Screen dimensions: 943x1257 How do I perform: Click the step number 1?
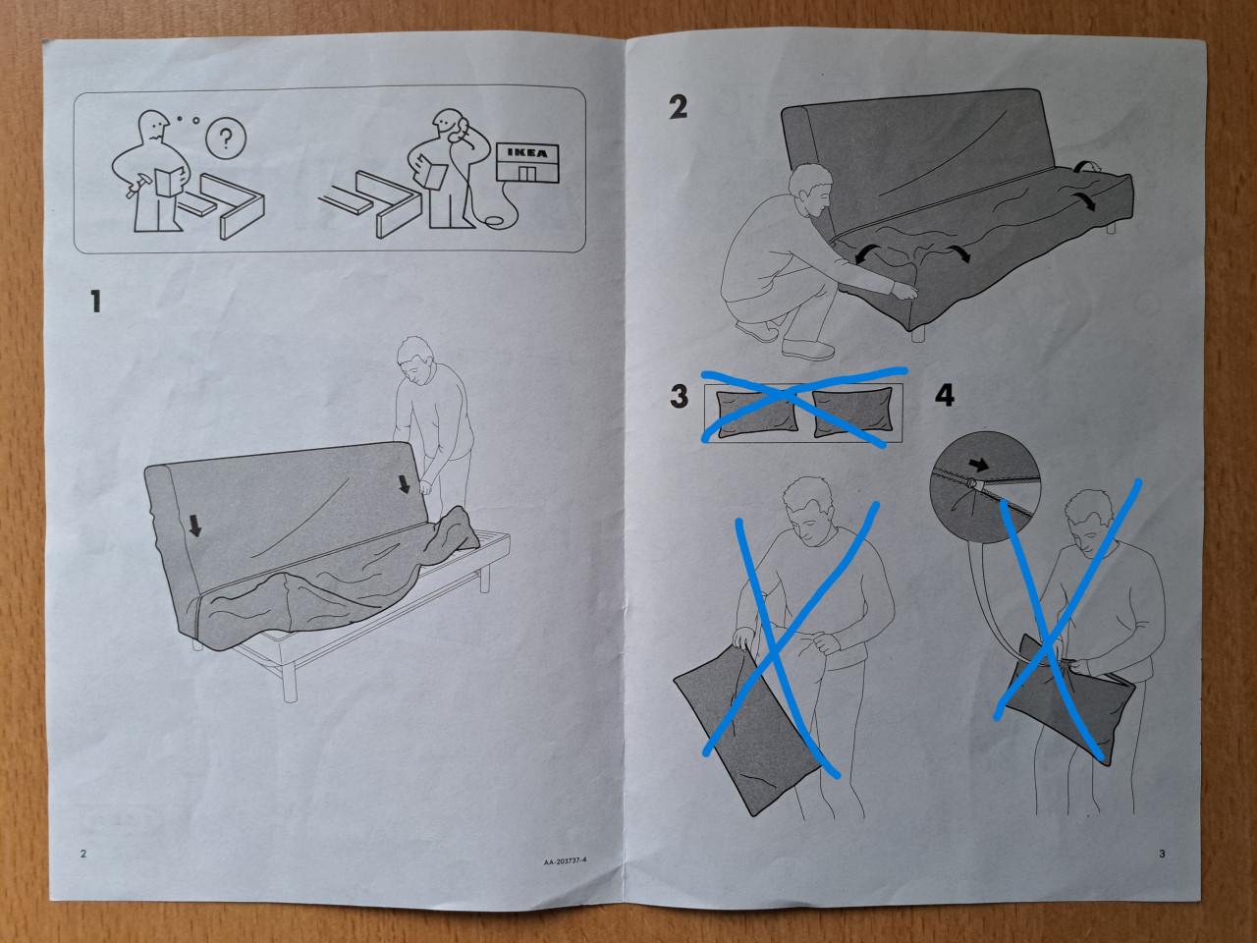point(95,302)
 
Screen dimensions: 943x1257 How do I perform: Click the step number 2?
point(678,107)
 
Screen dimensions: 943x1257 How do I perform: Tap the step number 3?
point(680,397)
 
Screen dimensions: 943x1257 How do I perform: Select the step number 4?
point(944,396)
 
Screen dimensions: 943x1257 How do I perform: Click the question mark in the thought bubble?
point(227,140)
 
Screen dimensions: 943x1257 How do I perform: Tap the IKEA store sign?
point(527,155)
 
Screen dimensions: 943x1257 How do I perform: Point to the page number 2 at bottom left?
point(83,854)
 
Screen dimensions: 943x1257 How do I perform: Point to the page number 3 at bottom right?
point(1162,854)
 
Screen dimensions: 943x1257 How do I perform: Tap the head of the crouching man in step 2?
point(810,190)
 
